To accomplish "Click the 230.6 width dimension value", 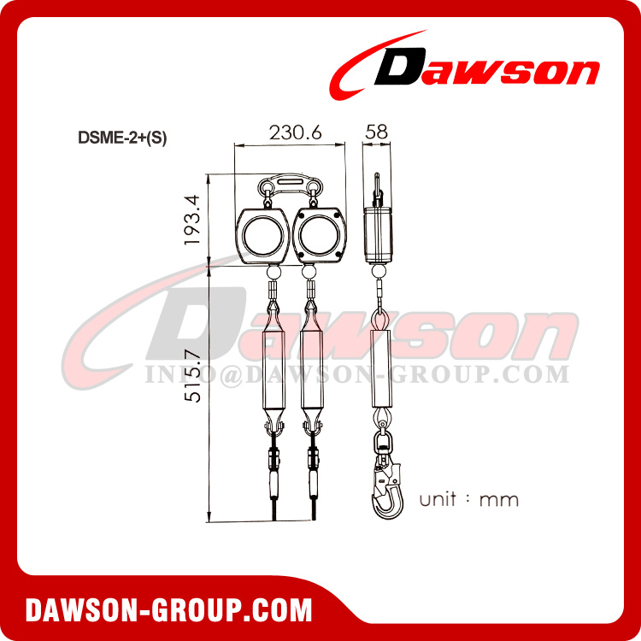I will pyautogui.click(x=290, y=132).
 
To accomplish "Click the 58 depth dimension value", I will pyautogui.click(x=376, y=132).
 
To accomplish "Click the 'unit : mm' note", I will pyautogui.click(x=468, y=499).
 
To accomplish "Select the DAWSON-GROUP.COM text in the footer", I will pyautogui.click(x=169, y=610).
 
